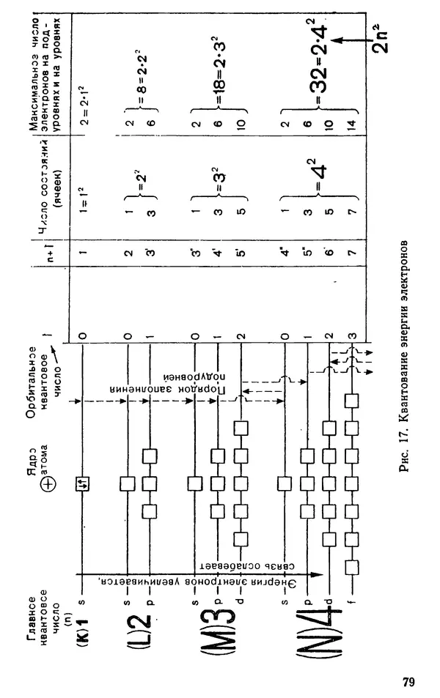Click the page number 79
[x=408, y=682]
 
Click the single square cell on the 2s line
[x=128, y=484]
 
